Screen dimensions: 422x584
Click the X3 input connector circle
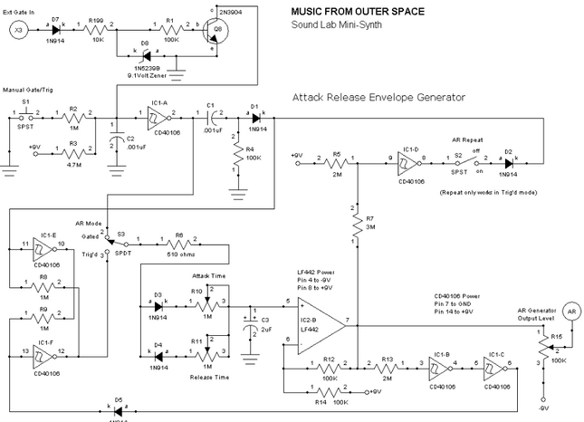pos(18,30)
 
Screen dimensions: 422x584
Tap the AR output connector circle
pos(571,310)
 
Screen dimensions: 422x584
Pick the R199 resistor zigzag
pos(93,30)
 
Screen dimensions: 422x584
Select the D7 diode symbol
pos(55,30)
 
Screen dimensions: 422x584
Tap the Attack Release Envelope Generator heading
pos(378,96)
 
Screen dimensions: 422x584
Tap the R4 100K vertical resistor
pos(237,158)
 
